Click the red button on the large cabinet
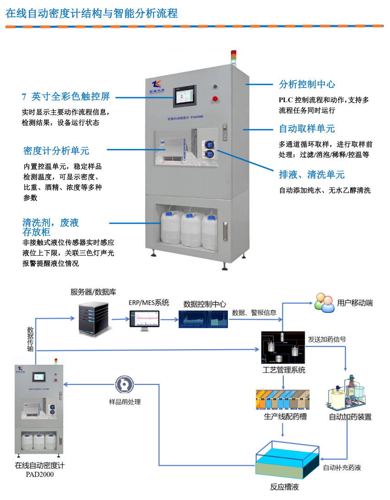tap(214, 99)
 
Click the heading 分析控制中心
tap(307, 84)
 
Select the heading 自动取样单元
tap(307, 128)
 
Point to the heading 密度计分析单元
tap(56, 151)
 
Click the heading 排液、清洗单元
tap(312, 175)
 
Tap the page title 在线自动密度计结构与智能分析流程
tap(92, 13)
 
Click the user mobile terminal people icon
tap(324, 303)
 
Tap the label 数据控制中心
tap(204, 304)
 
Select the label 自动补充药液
tap(342, 468)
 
